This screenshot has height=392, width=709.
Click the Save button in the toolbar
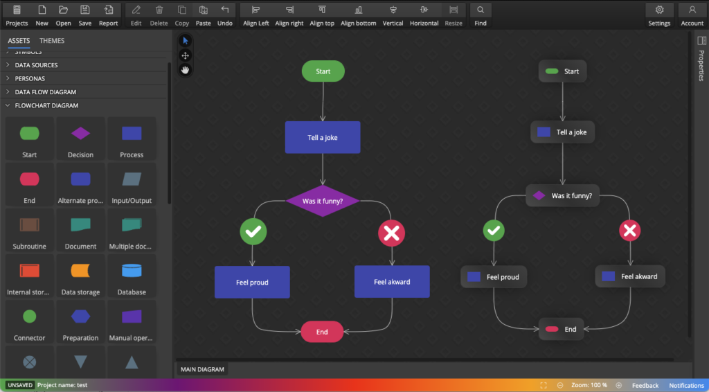84,15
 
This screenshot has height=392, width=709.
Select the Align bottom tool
358,15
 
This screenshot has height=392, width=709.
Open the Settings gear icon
659,15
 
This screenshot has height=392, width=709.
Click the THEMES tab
52,41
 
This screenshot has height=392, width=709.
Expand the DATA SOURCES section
36,65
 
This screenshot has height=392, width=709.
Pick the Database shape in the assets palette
132,277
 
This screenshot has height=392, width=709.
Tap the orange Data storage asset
81,277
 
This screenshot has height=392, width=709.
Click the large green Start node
323,71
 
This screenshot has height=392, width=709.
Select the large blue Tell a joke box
323,137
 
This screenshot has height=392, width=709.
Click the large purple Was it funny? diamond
323,201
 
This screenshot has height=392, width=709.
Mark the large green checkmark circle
253,233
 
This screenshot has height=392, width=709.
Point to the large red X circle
392,233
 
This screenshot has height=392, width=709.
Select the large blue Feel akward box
392,282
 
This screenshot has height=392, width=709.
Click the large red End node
322,332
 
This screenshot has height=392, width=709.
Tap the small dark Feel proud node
494,277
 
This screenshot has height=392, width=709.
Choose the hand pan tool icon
186,69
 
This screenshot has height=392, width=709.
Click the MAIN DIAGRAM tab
202,369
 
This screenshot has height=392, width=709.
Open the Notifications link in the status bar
686,385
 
